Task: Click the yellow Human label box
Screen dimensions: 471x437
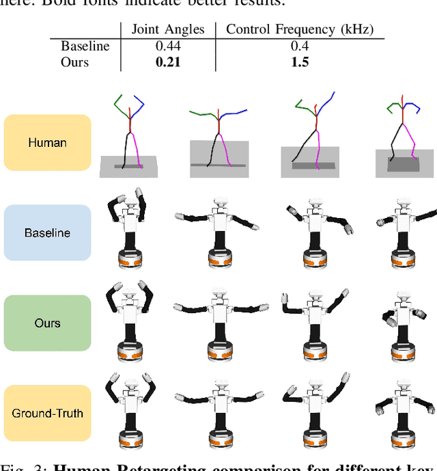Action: point(47,143)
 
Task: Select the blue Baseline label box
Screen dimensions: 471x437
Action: point(47,233)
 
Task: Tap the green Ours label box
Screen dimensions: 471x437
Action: point(47,323)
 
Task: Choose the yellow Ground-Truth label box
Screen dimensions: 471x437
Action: point(47,413)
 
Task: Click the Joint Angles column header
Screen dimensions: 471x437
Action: point(167,29)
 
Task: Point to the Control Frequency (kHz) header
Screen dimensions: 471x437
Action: point(300,29)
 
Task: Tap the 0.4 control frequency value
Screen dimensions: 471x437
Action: point(299,46)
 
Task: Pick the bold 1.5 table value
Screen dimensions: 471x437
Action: point(299,62)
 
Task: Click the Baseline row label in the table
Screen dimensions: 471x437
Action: point(85,46)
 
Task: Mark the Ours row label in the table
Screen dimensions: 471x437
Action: point(74,62)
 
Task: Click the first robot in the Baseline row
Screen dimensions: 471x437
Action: point(128,229)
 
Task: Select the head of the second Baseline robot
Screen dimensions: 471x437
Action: point(220,202)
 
